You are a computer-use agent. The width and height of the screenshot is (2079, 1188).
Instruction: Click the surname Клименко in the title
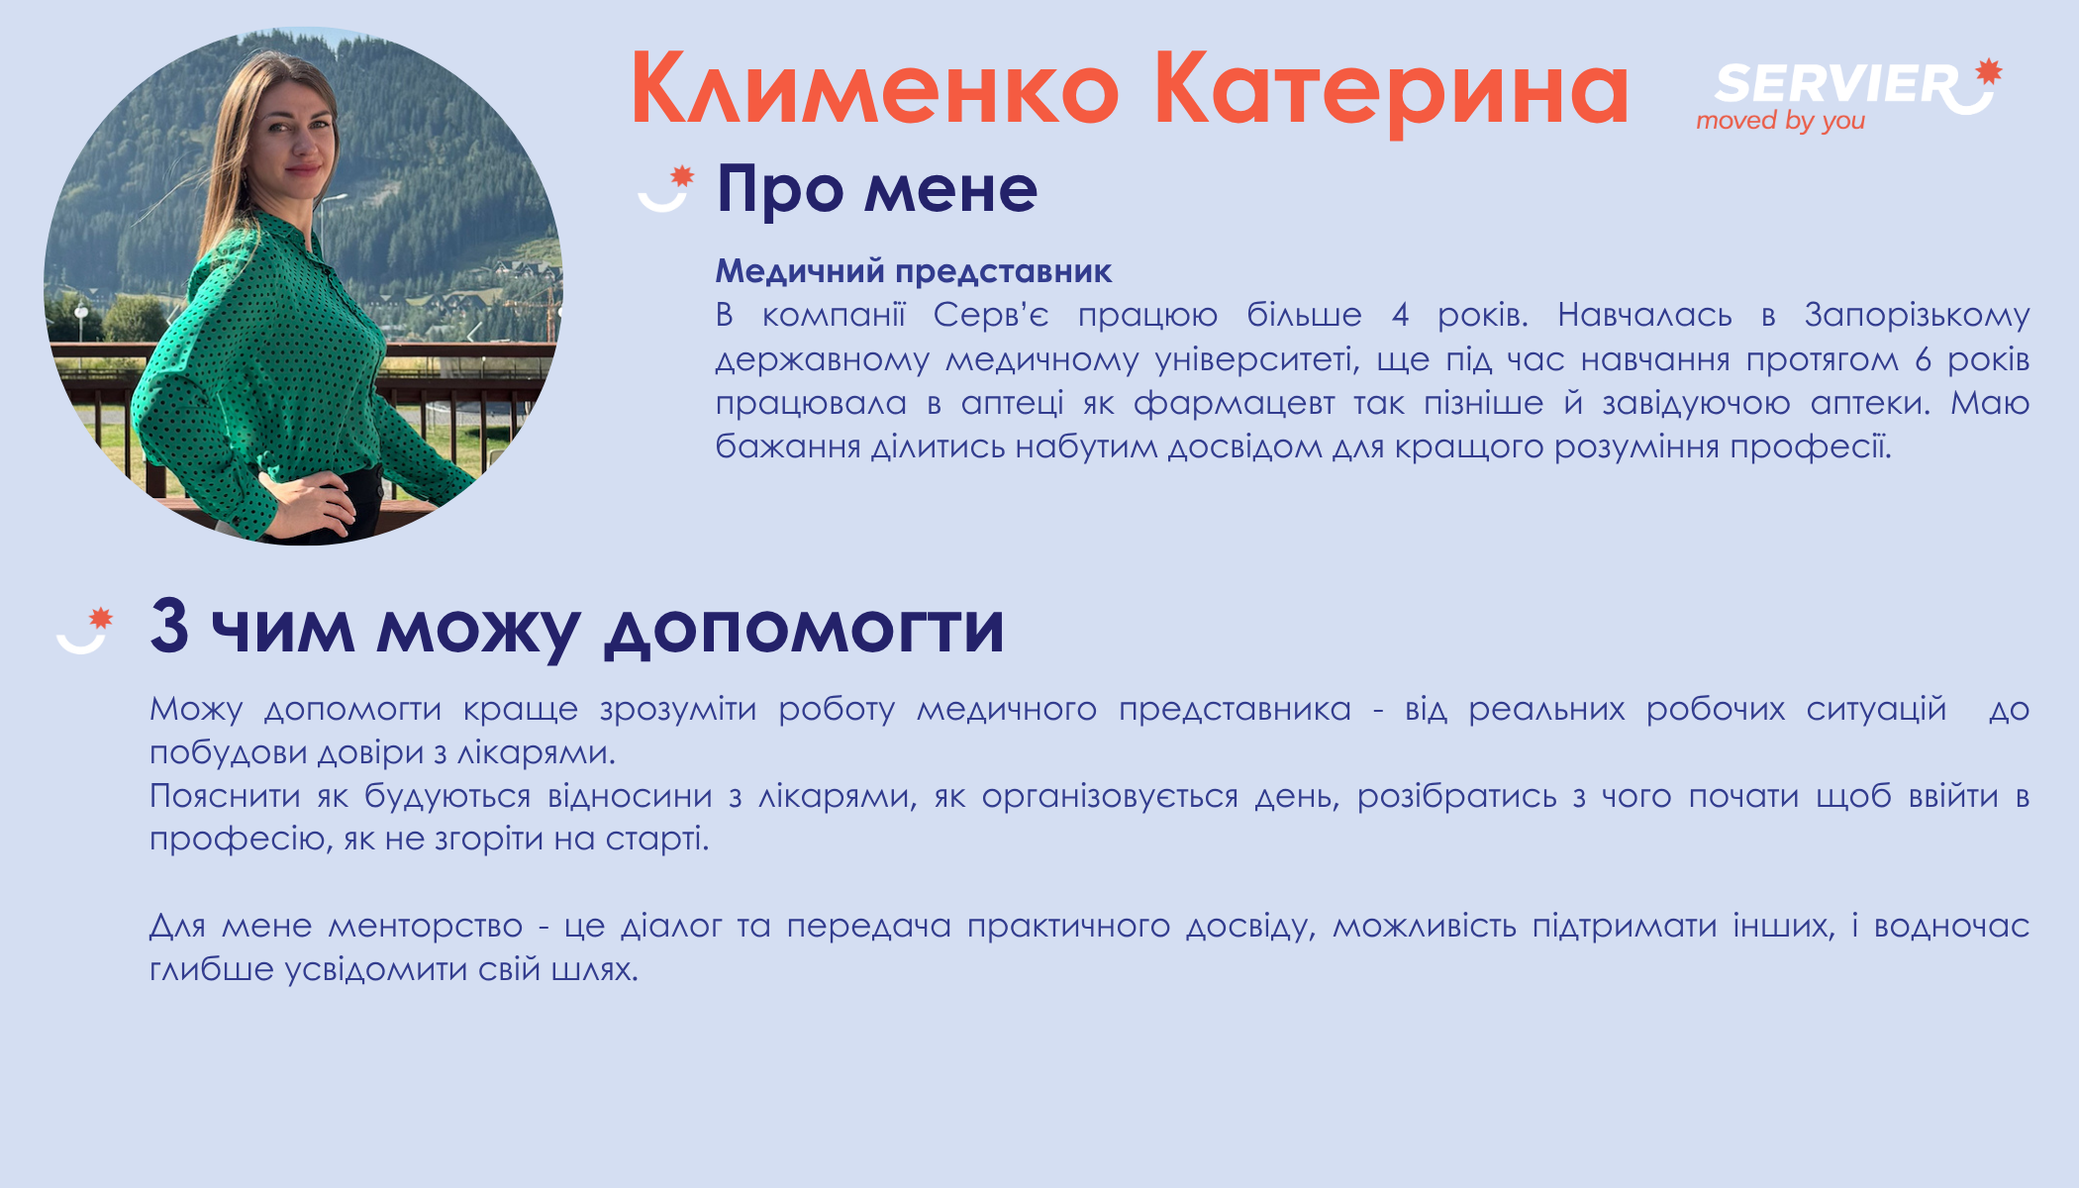(x=875, y=89)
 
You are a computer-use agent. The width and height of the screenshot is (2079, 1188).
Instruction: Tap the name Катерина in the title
(x=1392, y=91)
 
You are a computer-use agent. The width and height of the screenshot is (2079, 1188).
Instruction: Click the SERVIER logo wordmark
(x=1836, y=83)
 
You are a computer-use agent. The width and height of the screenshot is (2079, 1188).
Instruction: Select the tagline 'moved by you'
(x=1780, y=121)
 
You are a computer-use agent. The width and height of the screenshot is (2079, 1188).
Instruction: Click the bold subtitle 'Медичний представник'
(x=914, y=270)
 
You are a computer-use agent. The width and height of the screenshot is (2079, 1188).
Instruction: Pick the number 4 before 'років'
(x=1400, y=315)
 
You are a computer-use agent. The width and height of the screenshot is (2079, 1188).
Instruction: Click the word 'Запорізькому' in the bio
(x=1917, y=316)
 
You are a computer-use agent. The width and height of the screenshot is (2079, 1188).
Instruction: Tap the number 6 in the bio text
(x=1923, y=359)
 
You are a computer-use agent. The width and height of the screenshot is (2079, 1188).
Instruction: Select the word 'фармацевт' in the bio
(x=1234, y=404)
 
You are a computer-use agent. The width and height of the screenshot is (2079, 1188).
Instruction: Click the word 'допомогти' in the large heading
(x=804, y=629)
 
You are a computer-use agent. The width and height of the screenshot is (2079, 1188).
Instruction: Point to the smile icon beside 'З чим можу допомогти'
(x=84, y=630)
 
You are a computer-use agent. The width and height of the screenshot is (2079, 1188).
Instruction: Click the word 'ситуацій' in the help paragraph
(x=1876, y=709)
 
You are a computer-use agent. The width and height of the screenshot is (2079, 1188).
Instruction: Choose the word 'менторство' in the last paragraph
(x=425, y=927)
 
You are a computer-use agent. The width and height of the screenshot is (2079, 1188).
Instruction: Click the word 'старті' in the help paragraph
(x=654, y=840)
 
